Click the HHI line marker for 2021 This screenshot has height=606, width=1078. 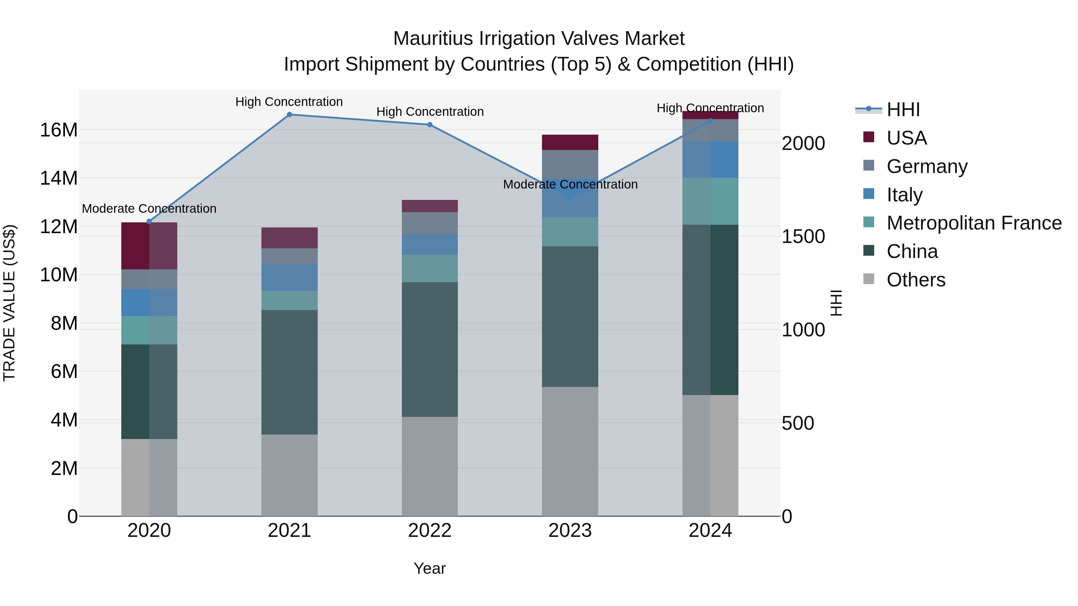point(289,115)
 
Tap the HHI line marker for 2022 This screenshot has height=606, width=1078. point(429,124)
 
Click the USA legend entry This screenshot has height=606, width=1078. point(906,138)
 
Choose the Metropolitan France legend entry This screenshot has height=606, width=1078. point(974,223)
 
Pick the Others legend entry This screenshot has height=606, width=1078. point(916,280)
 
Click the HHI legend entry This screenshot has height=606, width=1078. point(903,110)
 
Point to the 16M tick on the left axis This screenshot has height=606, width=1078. point(59,130)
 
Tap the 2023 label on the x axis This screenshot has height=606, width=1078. point(570,531)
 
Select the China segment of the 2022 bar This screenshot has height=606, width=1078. point(429,349)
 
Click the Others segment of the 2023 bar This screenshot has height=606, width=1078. point(570,452)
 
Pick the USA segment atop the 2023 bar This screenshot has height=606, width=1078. point(570,142)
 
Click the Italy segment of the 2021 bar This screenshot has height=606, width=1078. point(289,277)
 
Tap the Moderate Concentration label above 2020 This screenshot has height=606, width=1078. point(149,208)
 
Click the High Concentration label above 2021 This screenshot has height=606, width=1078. point(289,102)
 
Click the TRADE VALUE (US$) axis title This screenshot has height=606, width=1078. point(9,303)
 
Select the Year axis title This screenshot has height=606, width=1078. point(429,568)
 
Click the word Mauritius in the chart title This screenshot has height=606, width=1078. point(434,39)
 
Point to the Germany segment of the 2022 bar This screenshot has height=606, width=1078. point(429,223)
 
